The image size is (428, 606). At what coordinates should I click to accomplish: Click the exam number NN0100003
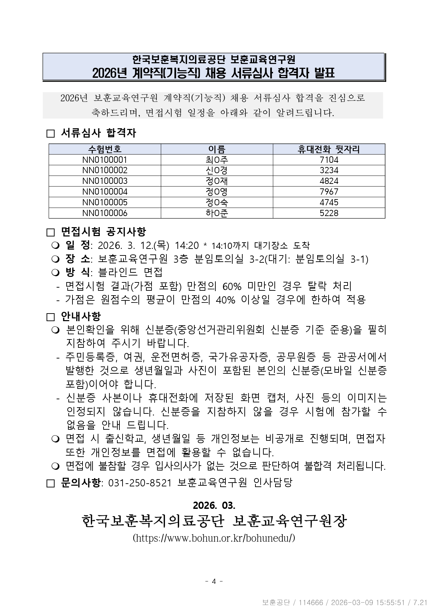click(x=105, y=181)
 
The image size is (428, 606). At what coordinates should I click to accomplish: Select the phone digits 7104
click(x=329, y=160)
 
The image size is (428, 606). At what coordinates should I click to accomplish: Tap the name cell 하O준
click(x=217, y=213)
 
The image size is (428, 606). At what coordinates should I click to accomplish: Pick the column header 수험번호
click(x=105, y=149)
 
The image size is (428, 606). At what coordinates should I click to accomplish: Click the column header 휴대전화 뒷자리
click(x=329, y=149)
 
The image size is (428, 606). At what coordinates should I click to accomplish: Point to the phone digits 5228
click(x=329, y=213)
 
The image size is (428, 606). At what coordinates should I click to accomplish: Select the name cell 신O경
click(x=217, y=170)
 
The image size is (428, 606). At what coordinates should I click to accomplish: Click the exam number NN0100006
click(x=105, y=213)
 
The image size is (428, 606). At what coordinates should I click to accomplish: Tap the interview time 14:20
click(x=187, y=245)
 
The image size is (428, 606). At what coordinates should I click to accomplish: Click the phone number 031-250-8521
click(x=140, y=483)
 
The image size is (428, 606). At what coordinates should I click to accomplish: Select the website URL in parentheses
click(x=214, y=538)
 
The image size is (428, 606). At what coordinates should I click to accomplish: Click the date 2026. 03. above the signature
click(x=214, y=505)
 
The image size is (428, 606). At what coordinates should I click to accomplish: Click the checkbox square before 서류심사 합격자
click(x=51, y=134)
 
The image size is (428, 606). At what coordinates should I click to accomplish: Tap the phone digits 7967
click(x=329, y=192)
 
